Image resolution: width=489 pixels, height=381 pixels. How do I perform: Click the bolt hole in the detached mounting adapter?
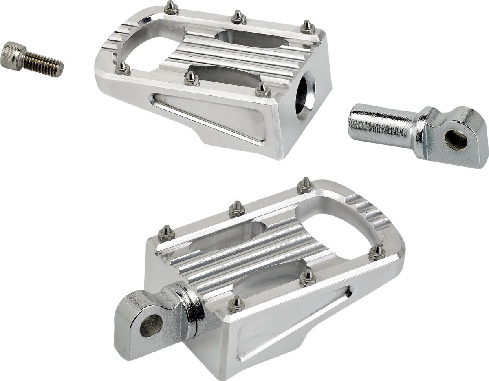(456, 140)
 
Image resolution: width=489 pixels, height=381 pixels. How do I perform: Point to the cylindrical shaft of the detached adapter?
(381, 122)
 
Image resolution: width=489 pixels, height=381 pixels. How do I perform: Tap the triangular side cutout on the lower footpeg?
(293, 322)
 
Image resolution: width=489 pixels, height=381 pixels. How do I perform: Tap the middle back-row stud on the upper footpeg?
(238, 17)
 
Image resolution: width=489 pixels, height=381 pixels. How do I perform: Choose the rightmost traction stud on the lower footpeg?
(377, 252)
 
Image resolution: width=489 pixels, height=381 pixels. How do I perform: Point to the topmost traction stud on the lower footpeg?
(305, 186)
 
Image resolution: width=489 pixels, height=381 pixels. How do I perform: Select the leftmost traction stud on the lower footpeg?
(166, 233)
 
